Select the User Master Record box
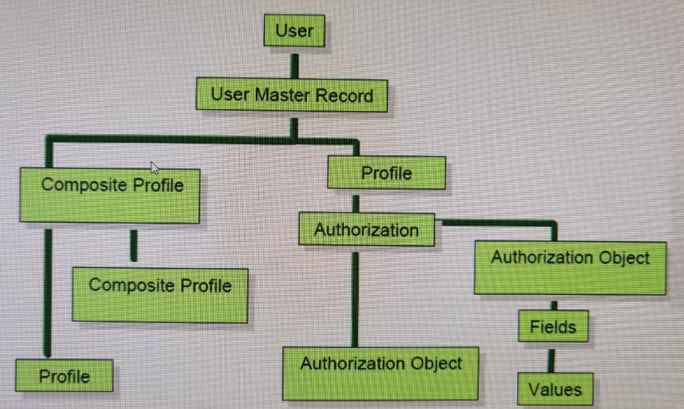[292, 96]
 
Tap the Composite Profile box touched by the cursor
[110, 194]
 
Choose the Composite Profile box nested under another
[160, 294]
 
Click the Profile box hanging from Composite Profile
[64, 376]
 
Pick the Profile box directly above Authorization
[386, 173]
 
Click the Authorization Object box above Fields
[570, 267]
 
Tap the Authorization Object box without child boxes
[381, 372]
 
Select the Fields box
[553, 327]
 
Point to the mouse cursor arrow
[154, 167]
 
